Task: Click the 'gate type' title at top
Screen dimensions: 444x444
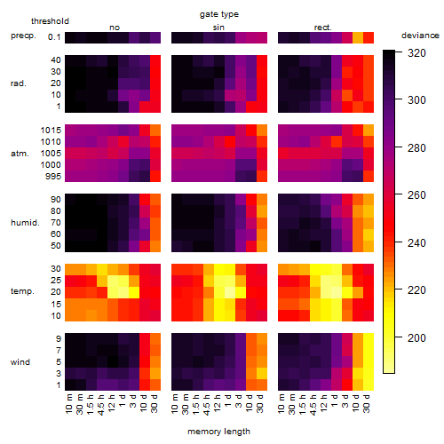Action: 219,14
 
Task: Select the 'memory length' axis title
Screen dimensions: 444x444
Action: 218,432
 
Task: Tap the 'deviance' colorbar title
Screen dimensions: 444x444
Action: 420,36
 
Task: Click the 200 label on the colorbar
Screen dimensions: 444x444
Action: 416,337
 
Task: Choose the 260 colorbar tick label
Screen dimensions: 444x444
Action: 416,195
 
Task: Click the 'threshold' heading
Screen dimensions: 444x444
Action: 50,21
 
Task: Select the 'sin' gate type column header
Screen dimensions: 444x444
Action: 218,28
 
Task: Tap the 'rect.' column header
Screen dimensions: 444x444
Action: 322,28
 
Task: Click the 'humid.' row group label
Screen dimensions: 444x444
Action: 25,222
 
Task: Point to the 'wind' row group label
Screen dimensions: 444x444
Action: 20,362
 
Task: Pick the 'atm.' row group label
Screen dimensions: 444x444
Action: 20,154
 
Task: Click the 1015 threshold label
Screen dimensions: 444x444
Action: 51,131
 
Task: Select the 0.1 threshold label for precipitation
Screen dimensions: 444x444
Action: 54,37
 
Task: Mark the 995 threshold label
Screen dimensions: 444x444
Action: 53,177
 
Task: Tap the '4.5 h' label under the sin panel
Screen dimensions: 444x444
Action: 207,404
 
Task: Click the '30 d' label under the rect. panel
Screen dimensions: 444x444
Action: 366,403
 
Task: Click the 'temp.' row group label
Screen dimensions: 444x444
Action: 22,291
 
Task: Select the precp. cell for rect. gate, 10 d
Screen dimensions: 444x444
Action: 358,37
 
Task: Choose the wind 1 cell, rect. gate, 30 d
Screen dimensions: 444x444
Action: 369,385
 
